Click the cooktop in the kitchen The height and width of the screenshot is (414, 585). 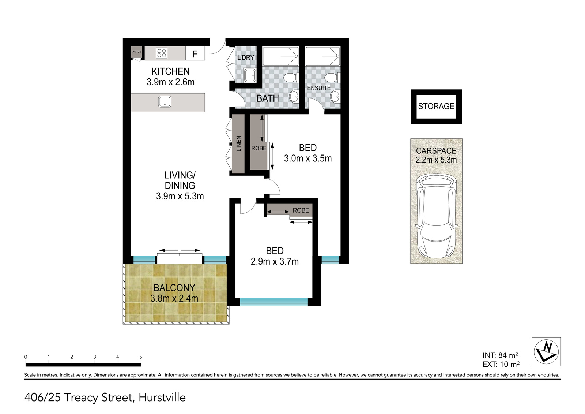point(162,53)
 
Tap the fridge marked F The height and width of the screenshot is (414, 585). point(195,53)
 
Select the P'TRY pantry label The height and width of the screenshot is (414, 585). point(136,52)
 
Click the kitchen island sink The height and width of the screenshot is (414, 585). point(165,101)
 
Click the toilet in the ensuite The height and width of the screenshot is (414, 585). point(332,77)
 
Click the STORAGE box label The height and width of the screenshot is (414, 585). point(436,106)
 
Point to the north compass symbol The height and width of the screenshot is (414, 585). point(546,352)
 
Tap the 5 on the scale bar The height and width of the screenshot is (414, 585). point(140,357)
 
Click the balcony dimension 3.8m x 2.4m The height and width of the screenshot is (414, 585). point(174,298)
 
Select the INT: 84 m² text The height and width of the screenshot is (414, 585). point(501,355)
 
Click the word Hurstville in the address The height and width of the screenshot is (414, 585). point(162,398)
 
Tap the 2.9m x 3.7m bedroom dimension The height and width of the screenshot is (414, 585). point(275,261)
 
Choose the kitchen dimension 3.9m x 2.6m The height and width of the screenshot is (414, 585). point(170,82)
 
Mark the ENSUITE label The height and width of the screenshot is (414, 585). point(319,88)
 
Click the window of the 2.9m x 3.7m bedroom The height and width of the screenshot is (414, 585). point(274,302)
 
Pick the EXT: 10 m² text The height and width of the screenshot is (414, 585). point(501,364)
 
